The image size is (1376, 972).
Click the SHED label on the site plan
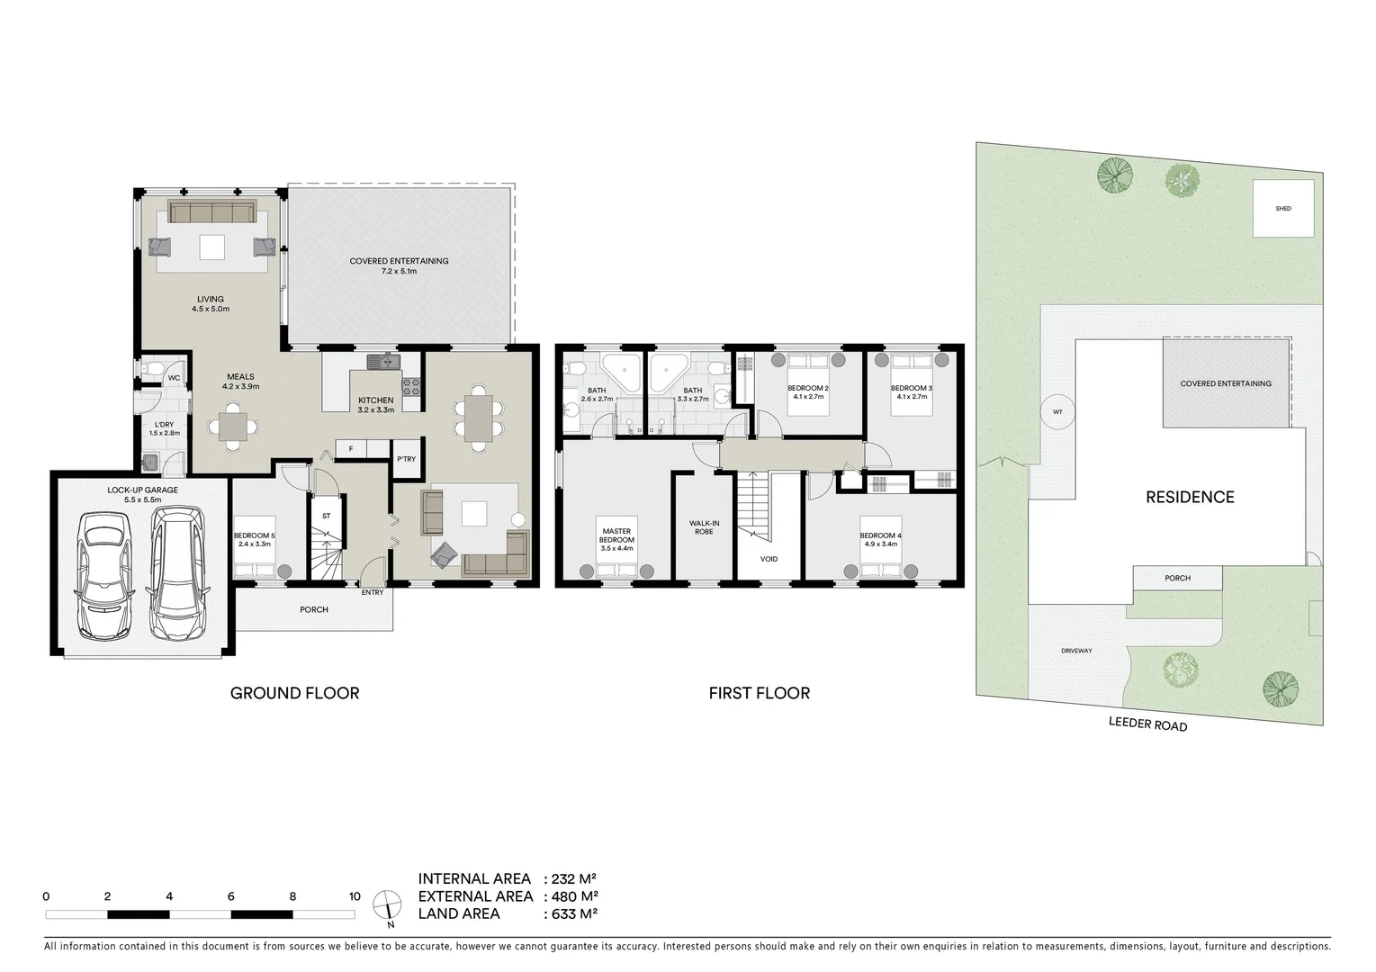click(1282, 209)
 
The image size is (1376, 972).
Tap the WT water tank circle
click(1057, 412)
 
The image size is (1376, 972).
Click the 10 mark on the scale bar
click(355, 896)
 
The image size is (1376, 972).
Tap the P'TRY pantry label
click(406, 460)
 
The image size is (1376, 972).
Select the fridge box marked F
click(350, 447)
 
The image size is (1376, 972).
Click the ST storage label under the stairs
click(326, 517)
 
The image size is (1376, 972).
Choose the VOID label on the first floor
click(769, 559)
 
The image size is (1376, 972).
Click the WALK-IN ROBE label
click(704, 526)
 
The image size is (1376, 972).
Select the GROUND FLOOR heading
click(294, 693)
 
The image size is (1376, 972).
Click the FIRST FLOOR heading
click(759, 693)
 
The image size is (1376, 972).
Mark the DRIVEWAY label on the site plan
click(1076, 651)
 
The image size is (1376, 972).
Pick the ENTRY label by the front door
click(372, 592)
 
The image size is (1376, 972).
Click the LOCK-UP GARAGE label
click(141, 490)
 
